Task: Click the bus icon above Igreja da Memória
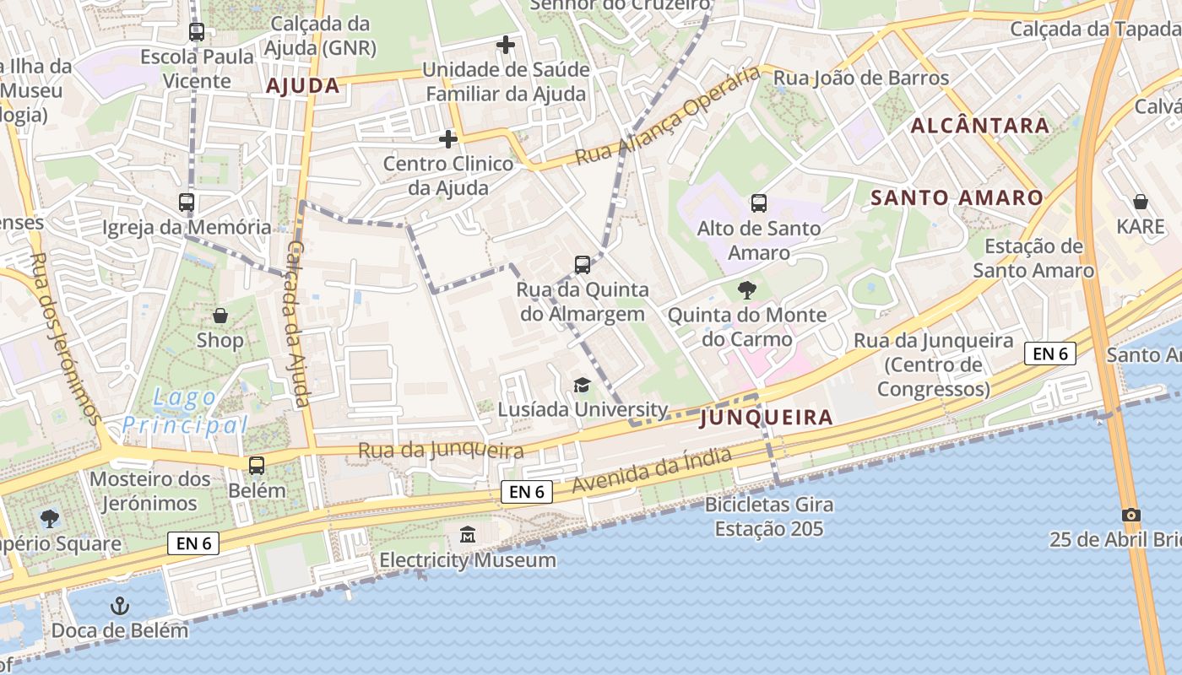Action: [x=187, y=202]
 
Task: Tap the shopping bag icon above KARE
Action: [x=1140, y=202]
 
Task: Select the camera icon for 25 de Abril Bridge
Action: [x=1131, y=515]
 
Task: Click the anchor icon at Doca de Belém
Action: [x=120, y=606]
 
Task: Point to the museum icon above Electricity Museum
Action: [x=467, y=534]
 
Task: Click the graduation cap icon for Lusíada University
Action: [x=582, y=385]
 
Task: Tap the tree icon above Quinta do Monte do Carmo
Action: [x=746, y=290]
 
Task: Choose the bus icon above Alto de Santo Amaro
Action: [x=758, y=202]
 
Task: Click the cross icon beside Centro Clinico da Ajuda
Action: [x=448, y=138]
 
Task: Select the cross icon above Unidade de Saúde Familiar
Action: [x=506, y=44]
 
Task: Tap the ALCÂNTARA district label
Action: [x=980, y=126]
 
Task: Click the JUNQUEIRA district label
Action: [x=767, y=417]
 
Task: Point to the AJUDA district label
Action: [x=302, y=85]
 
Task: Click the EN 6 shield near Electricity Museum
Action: [x=527, y=491]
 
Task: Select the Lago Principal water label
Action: [x=185, y=411]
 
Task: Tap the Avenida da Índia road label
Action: [x=651, y=471]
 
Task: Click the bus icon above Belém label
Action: [x=257, y=465]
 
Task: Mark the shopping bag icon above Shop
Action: [x=220, y=316]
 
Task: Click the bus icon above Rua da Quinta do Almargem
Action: [x=583, y=265]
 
